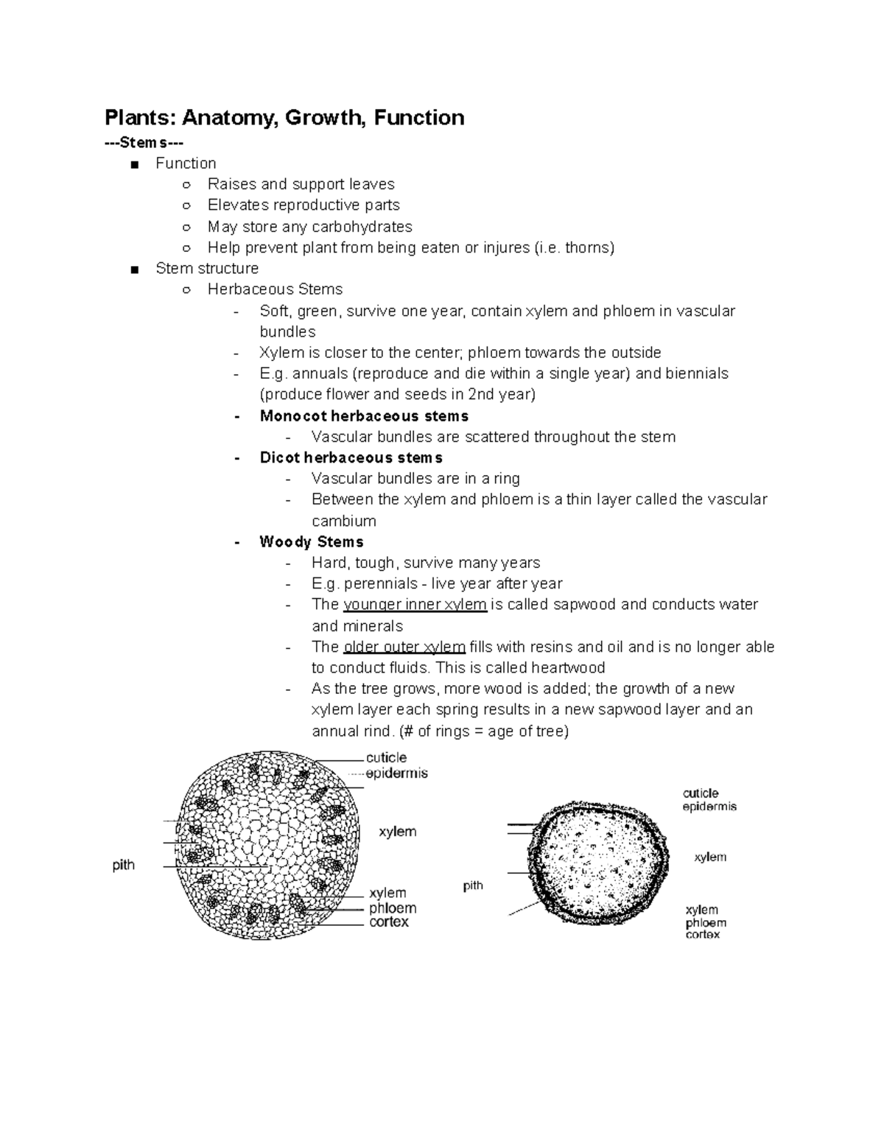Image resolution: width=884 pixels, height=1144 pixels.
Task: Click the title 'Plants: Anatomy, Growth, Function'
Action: click(284, 118)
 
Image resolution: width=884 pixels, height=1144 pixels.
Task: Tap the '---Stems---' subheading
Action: click(144, 143)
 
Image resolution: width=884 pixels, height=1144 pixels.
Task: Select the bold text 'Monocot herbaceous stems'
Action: click(364, 416)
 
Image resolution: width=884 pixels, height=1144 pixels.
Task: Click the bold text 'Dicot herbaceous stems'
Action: click(351, 457)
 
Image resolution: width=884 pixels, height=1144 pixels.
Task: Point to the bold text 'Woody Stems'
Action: click(312, 542)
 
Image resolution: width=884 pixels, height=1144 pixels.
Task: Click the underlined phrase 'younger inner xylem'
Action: click(415, 605)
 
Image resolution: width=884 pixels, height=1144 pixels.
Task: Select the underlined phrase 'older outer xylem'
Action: click(404, 647)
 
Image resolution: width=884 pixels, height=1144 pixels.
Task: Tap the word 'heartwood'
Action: click(568, 668)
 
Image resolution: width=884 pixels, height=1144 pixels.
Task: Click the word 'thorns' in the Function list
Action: click(587, 248)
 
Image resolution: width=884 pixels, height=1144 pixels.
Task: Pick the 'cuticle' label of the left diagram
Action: click(386, 758)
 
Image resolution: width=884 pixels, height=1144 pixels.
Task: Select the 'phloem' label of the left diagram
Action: click(393, 908)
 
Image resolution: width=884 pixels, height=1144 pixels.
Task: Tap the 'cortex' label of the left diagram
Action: click(388, 922)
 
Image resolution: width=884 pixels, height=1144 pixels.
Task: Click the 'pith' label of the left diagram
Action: click(123, 866)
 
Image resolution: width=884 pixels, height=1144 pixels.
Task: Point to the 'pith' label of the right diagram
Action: click(473, 885)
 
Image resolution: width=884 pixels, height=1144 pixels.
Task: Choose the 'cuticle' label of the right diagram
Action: click(700, 793)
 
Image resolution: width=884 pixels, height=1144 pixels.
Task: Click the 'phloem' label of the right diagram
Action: click(706, 923)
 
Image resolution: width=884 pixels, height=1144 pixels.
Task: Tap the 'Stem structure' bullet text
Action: click(207, 268)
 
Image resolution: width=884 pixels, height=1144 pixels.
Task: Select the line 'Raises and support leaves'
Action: click(301, 184)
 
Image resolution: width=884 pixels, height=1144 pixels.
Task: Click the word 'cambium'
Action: click(343, 522)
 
